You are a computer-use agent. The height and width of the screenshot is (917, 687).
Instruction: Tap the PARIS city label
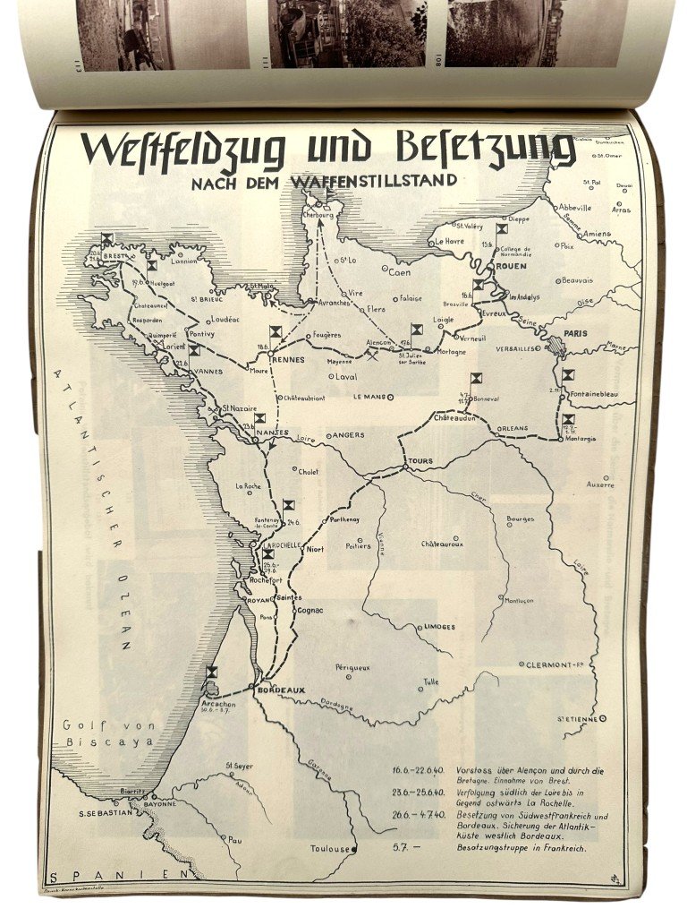(x=574, y=333)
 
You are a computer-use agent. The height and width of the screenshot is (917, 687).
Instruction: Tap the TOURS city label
(x=419, y=461)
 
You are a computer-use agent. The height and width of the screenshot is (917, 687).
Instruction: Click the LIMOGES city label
(x=441, y=627)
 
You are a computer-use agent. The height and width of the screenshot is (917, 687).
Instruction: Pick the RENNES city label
(x=287, y=360)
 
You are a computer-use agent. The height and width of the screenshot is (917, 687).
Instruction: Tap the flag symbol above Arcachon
(x=211, y=673)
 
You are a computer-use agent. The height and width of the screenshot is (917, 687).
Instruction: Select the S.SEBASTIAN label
(x=106, y=813)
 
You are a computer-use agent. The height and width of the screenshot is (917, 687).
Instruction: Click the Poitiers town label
(x=359, y=544)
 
